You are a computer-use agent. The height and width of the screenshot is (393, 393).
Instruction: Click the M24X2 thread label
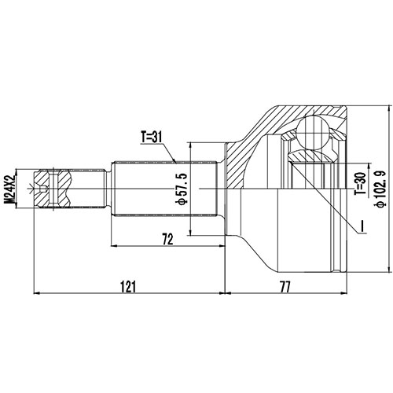(x=10, y=189)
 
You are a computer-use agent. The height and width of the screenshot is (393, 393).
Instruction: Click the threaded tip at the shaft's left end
(x=55, y=189)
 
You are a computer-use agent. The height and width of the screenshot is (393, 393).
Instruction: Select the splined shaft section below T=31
(x=165, y=189)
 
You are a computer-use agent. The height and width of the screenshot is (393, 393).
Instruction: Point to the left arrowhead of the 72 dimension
(x=116, y=245)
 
